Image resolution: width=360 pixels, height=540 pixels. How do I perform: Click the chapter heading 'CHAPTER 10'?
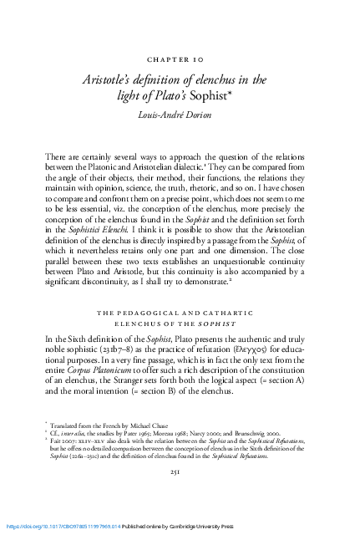click(180, 60)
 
